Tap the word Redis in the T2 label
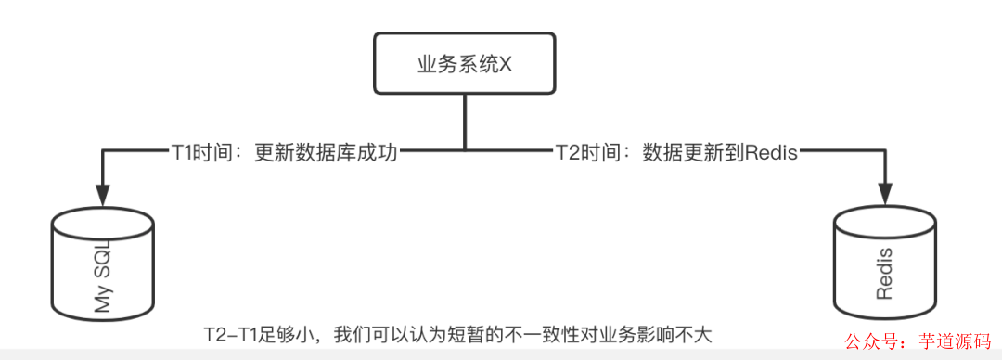771,151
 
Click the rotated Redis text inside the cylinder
883,275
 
